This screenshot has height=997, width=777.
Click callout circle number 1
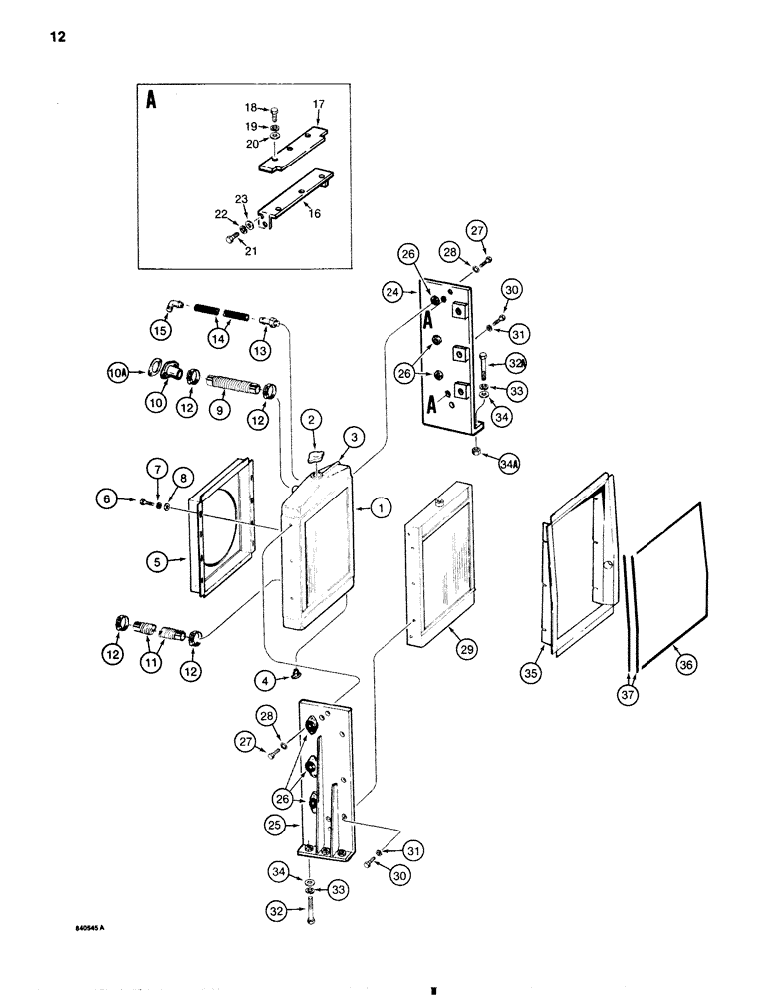coord(380,508)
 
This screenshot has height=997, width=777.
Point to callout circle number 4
coord(265,682)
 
